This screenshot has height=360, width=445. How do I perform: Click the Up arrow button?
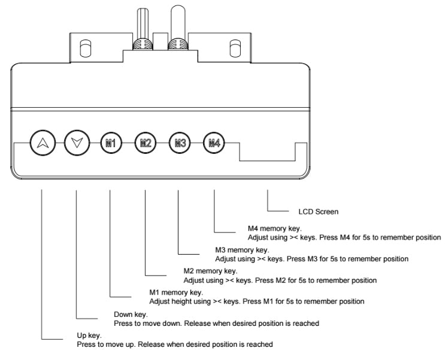pyautogui.click(x=41, y=143)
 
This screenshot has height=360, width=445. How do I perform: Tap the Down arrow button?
pyautogui.click(x=77, y=143)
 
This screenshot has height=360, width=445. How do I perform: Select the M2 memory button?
pyautogui.click(x=145, y=143)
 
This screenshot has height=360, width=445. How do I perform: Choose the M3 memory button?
pyautogui.click(x=179, y=143)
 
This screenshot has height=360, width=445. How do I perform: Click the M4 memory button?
pyautogui.click(x=214, y=143)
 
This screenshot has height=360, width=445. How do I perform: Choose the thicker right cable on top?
pyautogui.click(x=176, y=21)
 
